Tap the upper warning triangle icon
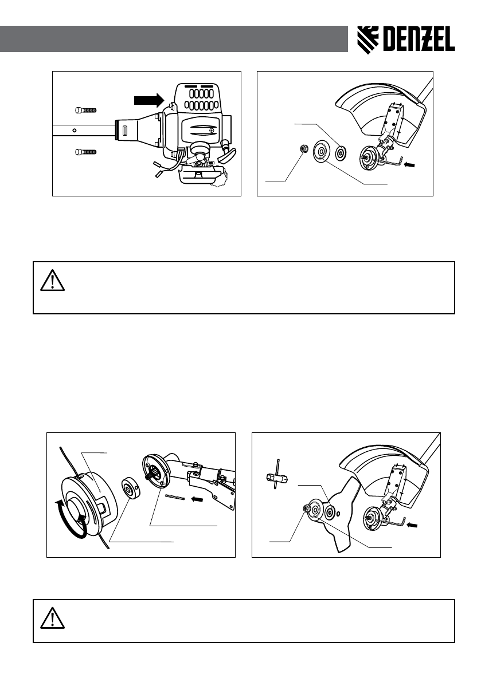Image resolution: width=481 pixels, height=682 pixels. coord(50,280)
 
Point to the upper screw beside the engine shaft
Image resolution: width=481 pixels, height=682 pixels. coord(86,109)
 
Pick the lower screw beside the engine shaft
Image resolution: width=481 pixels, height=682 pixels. coord(86,152)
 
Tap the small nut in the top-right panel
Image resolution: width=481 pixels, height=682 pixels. coord(304,150)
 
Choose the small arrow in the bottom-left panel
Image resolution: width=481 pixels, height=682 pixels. coord(197,498)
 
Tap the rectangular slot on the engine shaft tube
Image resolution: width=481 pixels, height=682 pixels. coord(124,130)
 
